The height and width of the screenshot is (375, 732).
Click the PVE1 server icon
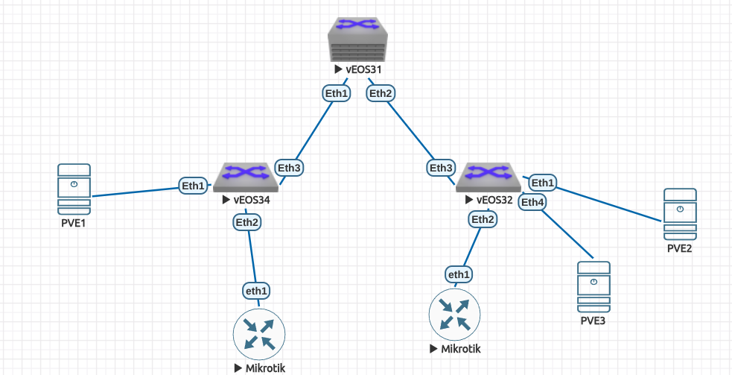pyautogui.click(x=74, y=189)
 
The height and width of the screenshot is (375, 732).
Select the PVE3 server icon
pyautogui.click(x=593, y=286)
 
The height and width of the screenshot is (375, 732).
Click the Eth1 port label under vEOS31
pyautogui.click(x=336, y=93)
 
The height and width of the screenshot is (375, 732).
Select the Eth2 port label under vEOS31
pyautogui.click(x=381, y=93)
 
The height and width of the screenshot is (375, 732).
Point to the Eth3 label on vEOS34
pyautogui.click(x=289, y=168)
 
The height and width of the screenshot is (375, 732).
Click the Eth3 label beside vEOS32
pyautogui.click(x=442, y=168)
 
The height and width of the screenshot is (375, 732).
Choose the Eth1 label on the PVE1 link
pyautogui.click(x=193, y=186)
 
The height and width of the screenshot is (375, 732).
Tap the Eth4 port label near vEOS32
pyautogui.click(x=532, y=201)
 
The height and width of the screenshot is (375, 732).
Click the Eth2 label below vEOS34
pyautogui.click(x=247, y=221)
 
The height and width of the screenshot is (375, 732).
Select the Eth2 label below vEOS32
pyautogui.click(x=483, y=218)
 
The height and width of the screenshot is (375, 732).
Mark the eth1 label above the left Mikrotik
pyautogui.click(x=256, y=289)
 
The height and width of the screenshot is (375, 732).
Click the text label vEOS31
pyautogui.click(x=363, y=69)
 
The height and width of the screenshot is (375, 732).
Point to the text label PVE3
pyautogui.click(x=593, y=321)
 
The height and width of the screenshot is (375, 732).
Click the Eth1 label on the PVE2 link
pyautogui.click(x=543, y=183)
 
